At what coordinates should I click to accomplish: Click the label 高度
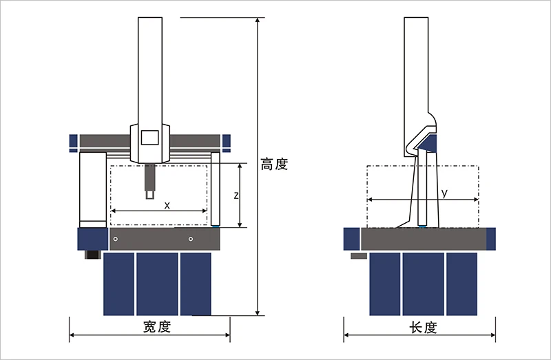[273, 165]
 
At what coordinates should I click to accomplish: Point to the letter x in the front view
[167, 205]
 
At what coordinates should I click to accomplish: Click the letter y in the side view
[444, 193]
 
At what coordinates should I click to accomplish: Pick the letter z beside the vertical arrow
[236, 195]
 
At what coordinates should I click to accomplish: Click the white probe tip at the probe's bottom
[150, 195]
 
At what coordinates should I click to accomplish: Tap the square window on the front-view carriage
[149, 136]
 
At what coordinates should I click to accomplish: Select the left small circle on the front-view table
[116, 239]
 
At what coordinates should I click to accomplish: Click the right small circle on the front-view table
[191, 239]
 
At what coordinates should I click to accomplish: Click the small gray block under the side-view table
[359, 256]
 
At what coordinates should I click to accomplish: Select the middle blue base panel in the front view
[157, 283]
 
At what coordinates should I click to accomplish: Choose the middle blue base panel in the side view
[423, 283]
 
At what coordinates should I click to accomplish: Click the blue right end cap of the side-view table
[490, 239]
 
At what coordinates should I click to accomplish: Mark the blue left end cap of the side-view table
[351, 239]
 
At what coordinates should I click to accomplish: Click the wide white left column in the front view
[92, 189]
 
